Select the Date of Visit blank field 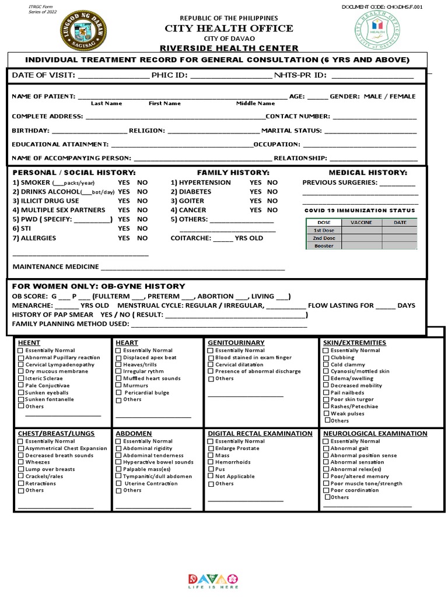point(113,76)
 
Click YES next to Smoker point(124,182)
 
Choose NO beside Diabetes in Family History point(272,192)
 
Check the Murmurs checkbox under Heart point(119,386)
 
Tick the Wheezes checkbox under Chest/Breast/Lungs point(21,462)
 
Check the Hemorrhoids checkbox point(211,462)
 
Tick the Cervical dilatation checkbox point(211,365)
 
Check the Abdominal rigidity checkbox point(119,449)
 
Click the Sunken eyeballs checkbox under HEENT point(21,393)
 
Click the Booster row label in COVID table point(324,246)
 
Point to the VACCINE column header point(362,223)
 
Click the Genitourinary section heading point(236,343)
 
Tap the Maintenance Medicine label point(55,268)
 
